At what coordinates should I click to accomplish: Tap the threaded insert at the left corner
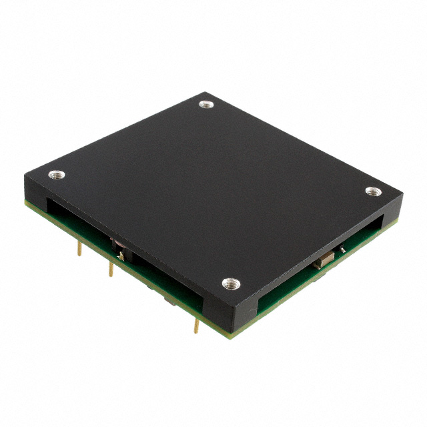pos(57,175)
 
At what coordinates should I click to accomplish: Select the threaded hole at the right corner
pos(372,191)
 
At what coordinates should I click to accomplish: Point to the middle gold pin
pos(111,269)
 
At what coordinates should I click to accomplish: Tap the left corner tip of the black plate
pos(25,175)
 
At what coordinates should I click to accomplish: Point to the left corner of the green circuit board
pos(27,200)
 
